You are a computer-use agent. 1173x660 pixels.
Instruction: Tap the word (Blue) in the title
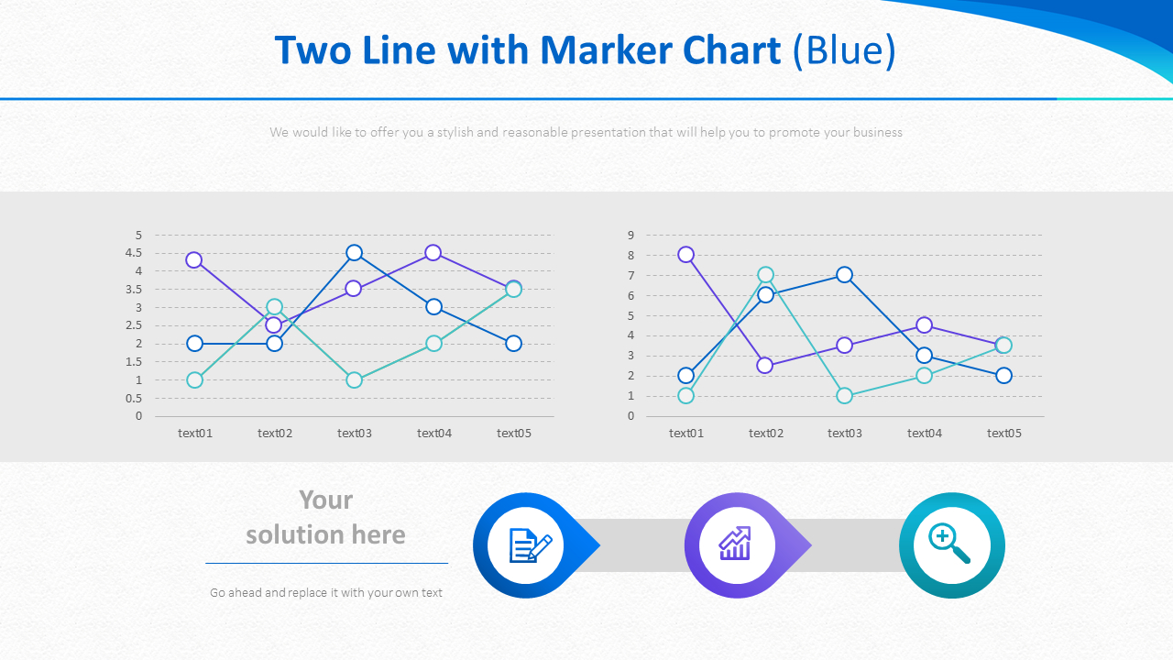pyautogui.click(x=844, y=50)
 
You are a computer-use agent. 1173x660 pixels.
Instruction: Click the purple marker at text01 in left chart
pyautogui.click(x=194, y=260)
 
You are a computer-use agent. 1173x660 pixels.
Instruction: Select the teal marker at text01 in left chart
pyautogui.click(x=194, y=380)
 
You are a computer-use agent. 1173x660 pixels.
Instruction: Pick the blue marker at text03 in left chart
pyautogui.click(x=355, y=253)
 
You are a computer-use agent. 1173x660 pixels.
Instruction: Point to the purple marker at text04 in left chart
pyautogui.click(x=433, y=253)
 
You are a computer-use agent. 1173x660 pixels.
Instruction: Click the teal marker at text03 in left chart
pyautogui.click(x=355, y=380)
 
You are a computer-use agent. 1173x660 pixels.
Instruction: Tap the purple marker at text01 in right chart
pyautogui.click(x=686, y=255)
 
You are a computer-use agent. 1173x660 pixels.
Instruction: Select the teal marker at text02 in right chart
pyautogui.click(x=766, y=275)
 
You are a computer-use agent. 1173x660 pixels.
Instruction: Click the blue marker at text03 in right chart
pyautogui.click(x=845, y=275)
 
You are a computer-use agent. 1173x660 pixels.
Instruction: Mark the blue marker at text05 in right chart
pyautogui.click(x=1003, y=376)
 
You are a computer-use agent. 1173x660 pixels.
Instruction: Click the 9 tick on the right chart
pyautogui.click(x=630, y=236)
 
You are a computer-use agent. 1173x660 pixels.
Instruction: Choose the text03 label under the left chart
pyautogui.click(x=355, y=434)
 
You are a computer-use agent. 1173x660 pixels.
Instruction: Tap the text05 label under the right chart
pyautogui.click(x=1003, y=434)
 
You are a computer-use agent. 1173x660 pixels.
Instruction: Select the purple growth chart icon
pyautogui.click(x=736, y=545)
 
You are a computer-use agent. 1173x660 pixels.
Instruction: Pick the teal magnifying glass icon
pyautogui.click(x=950, y=544)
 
